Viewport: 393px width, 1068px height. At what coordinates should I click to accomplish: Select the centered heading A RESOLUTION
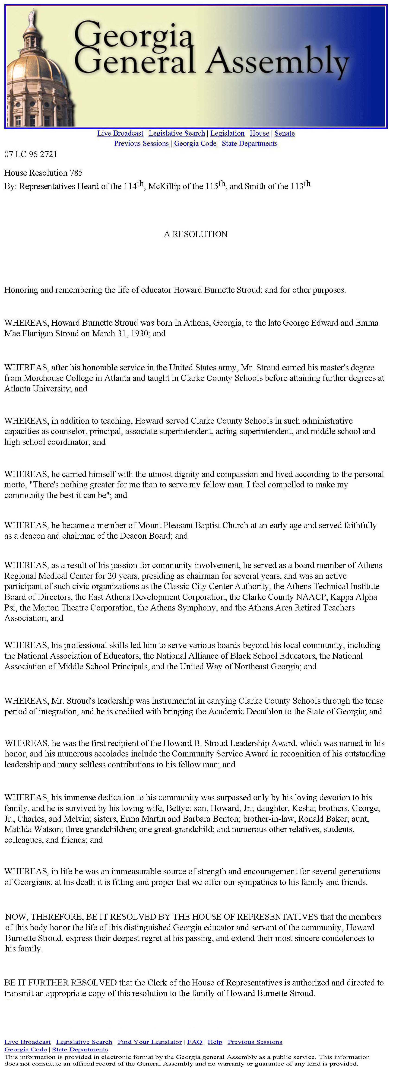(196, 234)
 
